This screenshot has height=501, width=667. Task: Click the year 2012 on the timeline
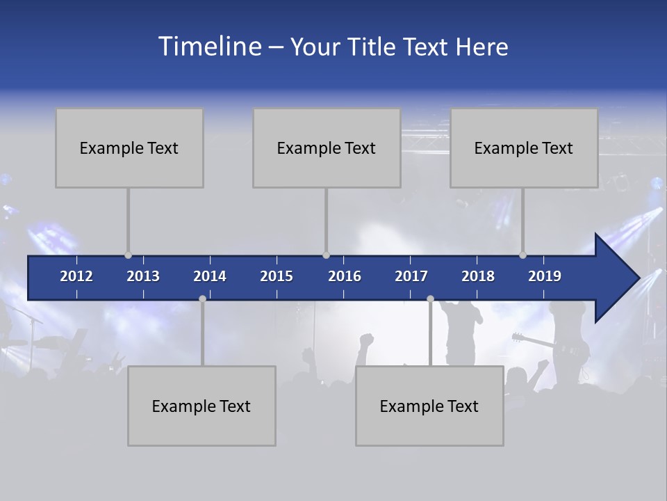pos(76,276)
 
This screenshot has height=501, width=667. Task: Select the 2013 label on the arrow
pos(143,276)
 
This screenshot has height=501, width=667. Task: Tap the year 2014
pos(210,276)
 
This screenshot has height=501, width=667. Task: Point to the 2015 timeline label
pos(277,276)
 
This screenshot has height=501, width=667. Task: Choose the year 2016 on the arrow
pos(345,276)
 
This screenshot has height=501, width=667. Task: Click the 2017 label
pos(411,276)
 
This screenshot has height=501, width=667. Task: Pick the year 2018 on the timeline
pos(478,276)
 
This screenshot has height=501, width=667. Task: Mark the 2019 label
pos(545,276)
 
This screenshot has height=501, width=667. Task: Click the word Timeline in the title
pos(209,47)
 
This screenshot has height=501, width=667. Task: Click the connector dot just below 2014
pos(202,299)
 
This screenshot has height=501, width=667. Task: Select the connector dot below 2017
pos(430,299)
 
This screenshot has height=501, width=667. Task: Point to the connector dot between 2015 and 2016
pos(326,255)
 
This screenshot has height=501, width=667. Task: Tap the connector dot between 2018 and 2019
pos(522,255)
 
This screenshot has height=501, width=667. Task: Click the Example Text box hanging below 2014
pos(201,406)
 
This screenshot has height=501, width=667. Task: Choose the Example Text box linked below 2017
pos(429,406)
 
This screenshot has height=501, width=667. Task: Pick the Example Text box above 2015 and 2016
pos(327,148)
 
